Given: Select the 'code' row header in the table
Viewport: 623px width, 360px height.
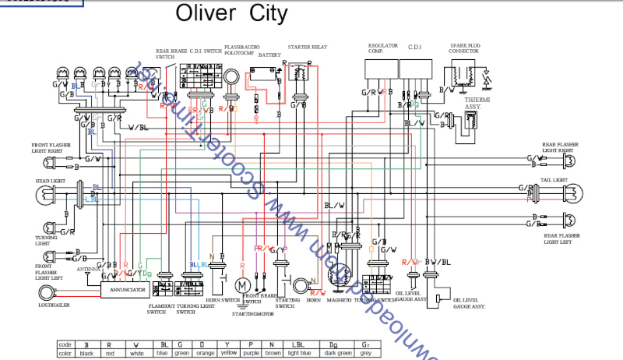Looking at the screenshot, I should coord(65,344).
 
